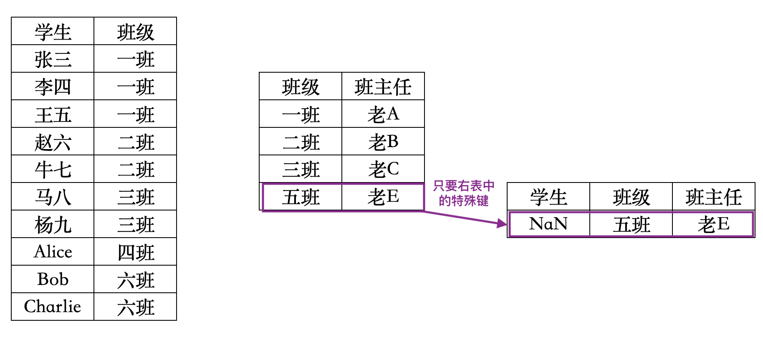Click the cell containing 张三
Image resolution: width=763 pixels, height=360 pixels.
[x=53, y=59]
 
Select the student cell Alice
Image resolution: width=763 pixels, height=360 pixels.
[x=53, y=252]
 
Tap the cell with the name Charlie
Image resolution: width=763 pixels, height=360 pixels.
[x=53, y=307]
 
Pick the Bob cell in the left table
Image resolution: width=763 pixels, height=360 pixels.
[x=53, y=279]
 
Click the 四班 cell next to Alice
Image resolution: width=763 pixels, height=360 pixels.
[x=136, y=252]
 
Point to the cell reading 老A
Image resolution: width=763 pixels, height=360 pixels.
[x=383, y=114]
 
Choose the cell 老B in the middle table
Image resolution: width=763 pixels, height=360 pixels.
[x=383, y=142]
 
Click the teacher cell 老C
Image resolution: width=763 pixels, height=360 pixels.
[x=383, y=169]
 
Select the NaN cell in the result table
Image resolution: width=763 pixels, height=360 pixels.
[x=548, y=224]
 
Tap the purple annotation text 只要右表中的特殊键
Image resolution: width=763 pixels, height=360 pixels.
[x=463, y=193]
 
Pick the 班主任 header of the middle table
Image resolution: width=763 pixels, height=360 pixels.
[x=383, y=86]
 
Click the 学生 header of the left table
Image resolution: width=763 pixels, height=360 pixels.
[x=53, y=31]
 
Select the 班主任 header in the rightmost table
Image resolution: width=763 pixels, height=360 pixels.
[x=714, y=197]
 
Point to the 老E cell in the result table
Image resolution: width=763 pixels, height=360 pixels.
[x=714, y=224]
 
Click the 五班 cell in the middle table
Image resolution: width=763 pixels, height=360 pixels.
[x=301, y=197]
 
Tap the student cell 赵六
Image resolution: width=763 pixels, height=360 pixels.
[x=53, y=142]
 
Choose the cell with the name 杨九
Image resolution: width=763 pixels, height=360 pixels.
[x=53, y=224]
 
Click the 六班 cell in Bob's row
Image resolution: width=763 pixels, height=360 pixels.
[x=136, y=279]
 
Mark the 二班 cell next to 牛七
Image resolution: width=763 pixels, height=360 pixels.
[x=136, y=169]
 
